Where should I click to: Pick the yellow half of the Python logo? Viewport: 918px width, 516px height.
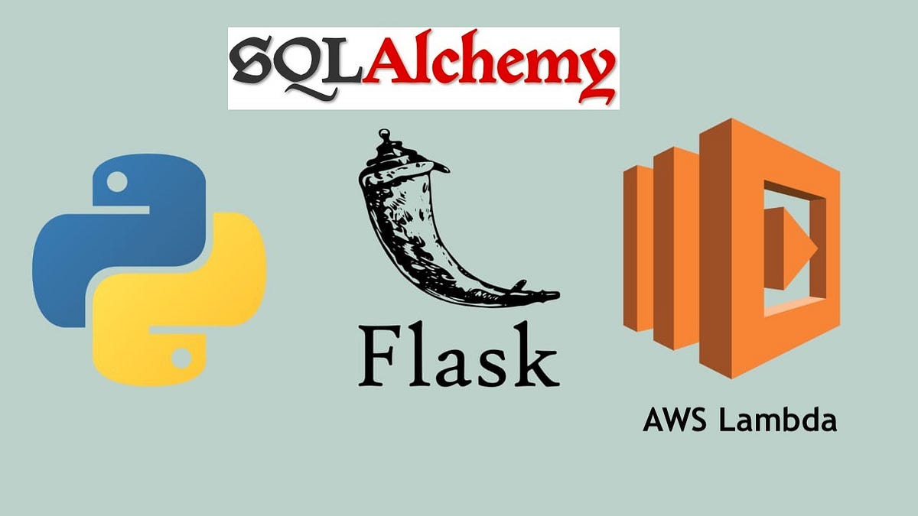(191, 306)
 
